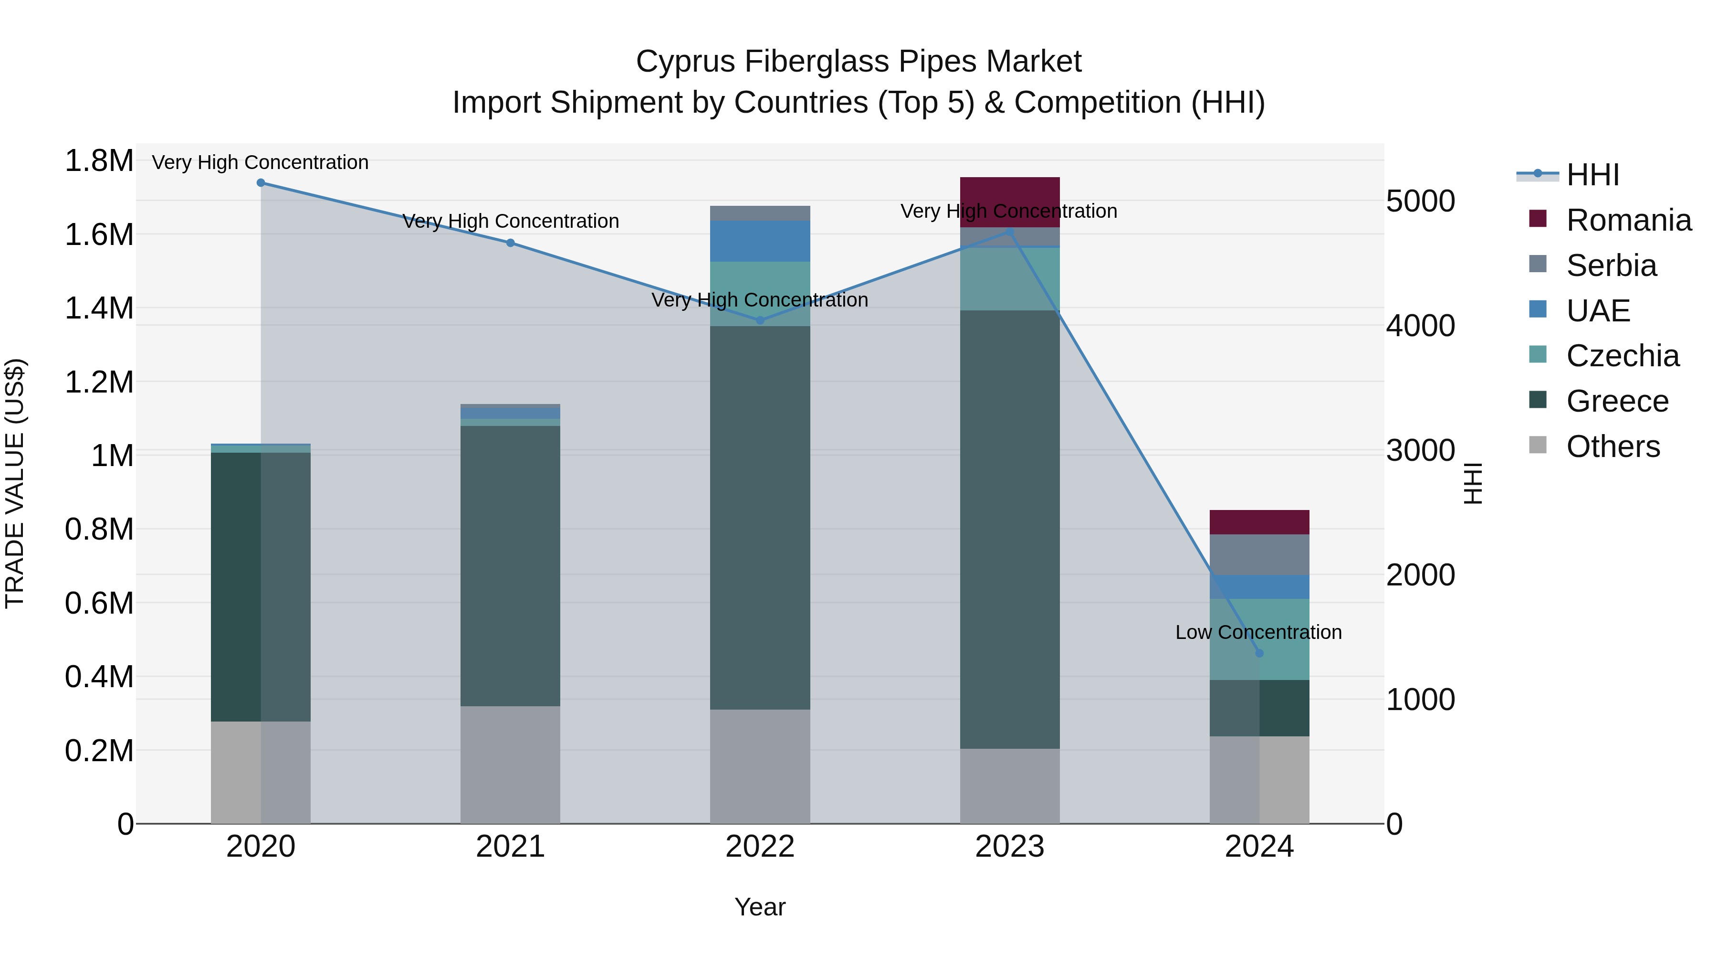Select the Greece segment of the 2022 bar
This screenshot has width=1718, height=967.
click(x=760, y=517)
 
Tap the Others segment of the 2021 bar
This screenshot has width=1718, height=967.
click(x=510, y=764)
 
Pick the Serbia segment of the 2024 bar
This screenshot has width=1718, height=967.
click(x=1259, y=554)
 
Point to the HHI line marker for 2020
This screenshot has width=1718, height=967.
click(x=261, y=183)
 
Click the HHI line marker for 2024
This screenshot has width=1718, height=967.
click(x=1259, y=653)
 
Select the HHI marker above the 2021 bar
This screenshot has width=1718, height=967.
click(x=510, y=243)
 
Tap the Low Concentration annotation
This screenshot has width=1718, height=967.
click(x=1258, y=632)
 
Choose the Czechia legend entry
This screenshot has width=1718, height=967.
click(x=1622, y=356)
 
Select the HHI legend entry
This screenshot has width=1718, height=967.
click(x=1592, y=175)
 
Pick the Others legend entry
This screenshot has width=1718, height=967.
click(x=1613, y=446)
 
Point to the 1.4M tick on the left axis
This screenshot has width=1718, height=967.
click(x=99, y=308)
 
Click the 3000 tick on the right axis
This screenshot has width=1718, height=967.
click(x=1420, y=450)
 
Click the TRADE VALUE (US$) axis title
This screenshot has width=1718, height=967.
click(x=15, y=483)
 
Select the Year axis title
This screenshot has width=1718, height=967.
click(x=760, y=907)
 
